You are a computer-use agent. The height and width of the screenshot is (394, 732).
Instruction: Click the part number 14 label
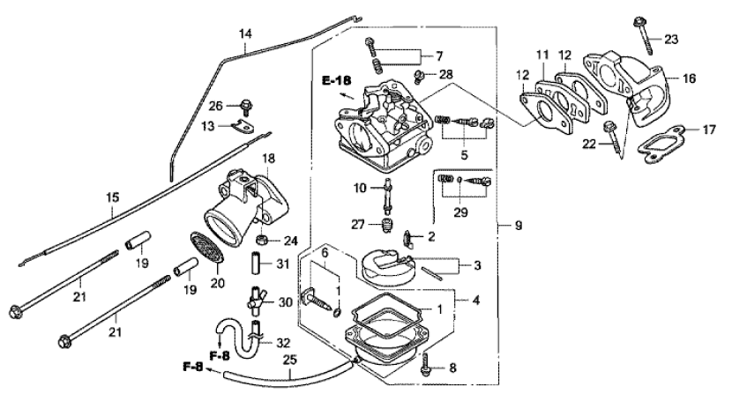pyautogui.click(x=245, y=34)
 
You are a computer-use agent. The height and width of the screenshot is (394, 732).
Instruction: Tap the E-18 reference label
pyautogui.click(x=336, y=81)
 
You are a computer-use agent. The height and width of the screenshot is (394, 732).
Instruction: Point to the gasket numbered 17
pyautogui.click(x=662, y=144)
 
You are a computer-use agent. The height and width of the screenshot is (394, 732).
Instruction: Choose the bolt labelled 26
pyautogui.click(x=245, y=107)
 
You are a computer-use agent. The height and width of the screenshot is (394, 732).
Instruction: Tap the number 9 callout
pyautogui.click(x=519, y=226)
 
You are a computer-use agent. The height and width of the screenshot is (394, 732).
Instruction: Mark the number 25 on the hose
pyautogui.click(x=290, y=360)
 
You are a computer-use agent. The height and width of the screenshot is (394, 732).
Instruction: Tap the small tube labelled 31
pyautogui.click(x=257, y=264)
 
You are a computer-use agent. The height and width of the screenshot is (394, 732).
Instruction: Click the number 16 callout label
pyautogui.click(x=689, y=78)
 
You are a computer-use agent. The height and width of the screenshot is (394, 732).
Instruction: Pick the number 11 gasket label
pyautogui.click(x=542, y=55)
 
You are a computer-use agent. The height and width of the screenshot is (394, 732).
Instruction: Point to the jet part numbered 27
pyautogui.click(x=385, y=225)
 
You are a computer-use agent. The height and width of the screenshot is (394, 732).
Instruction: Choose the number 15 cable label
pyautogui.click(x=113, y=197)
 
